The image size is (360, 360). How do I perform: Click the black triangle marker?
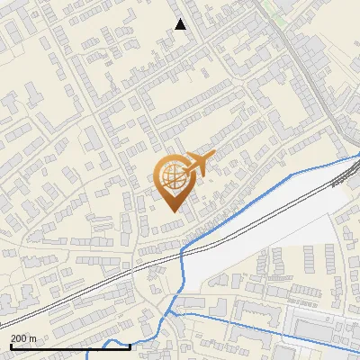(x=180, y=24)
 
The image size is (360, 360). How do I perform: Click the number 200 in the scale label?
(x=19, y=338)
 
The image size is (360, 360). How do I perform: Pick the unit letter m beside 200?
(x=33, y=338)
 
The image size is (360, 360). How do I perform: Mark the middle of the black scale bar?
(x=69, y=346)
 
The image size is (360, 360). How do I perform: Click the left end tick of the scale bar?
(x=10, y=345)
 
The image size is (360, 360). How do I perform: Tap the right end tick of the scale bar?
(x=130, y=345)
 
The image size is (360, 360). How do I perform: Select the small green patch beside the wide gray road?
(x=281, y=17)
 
